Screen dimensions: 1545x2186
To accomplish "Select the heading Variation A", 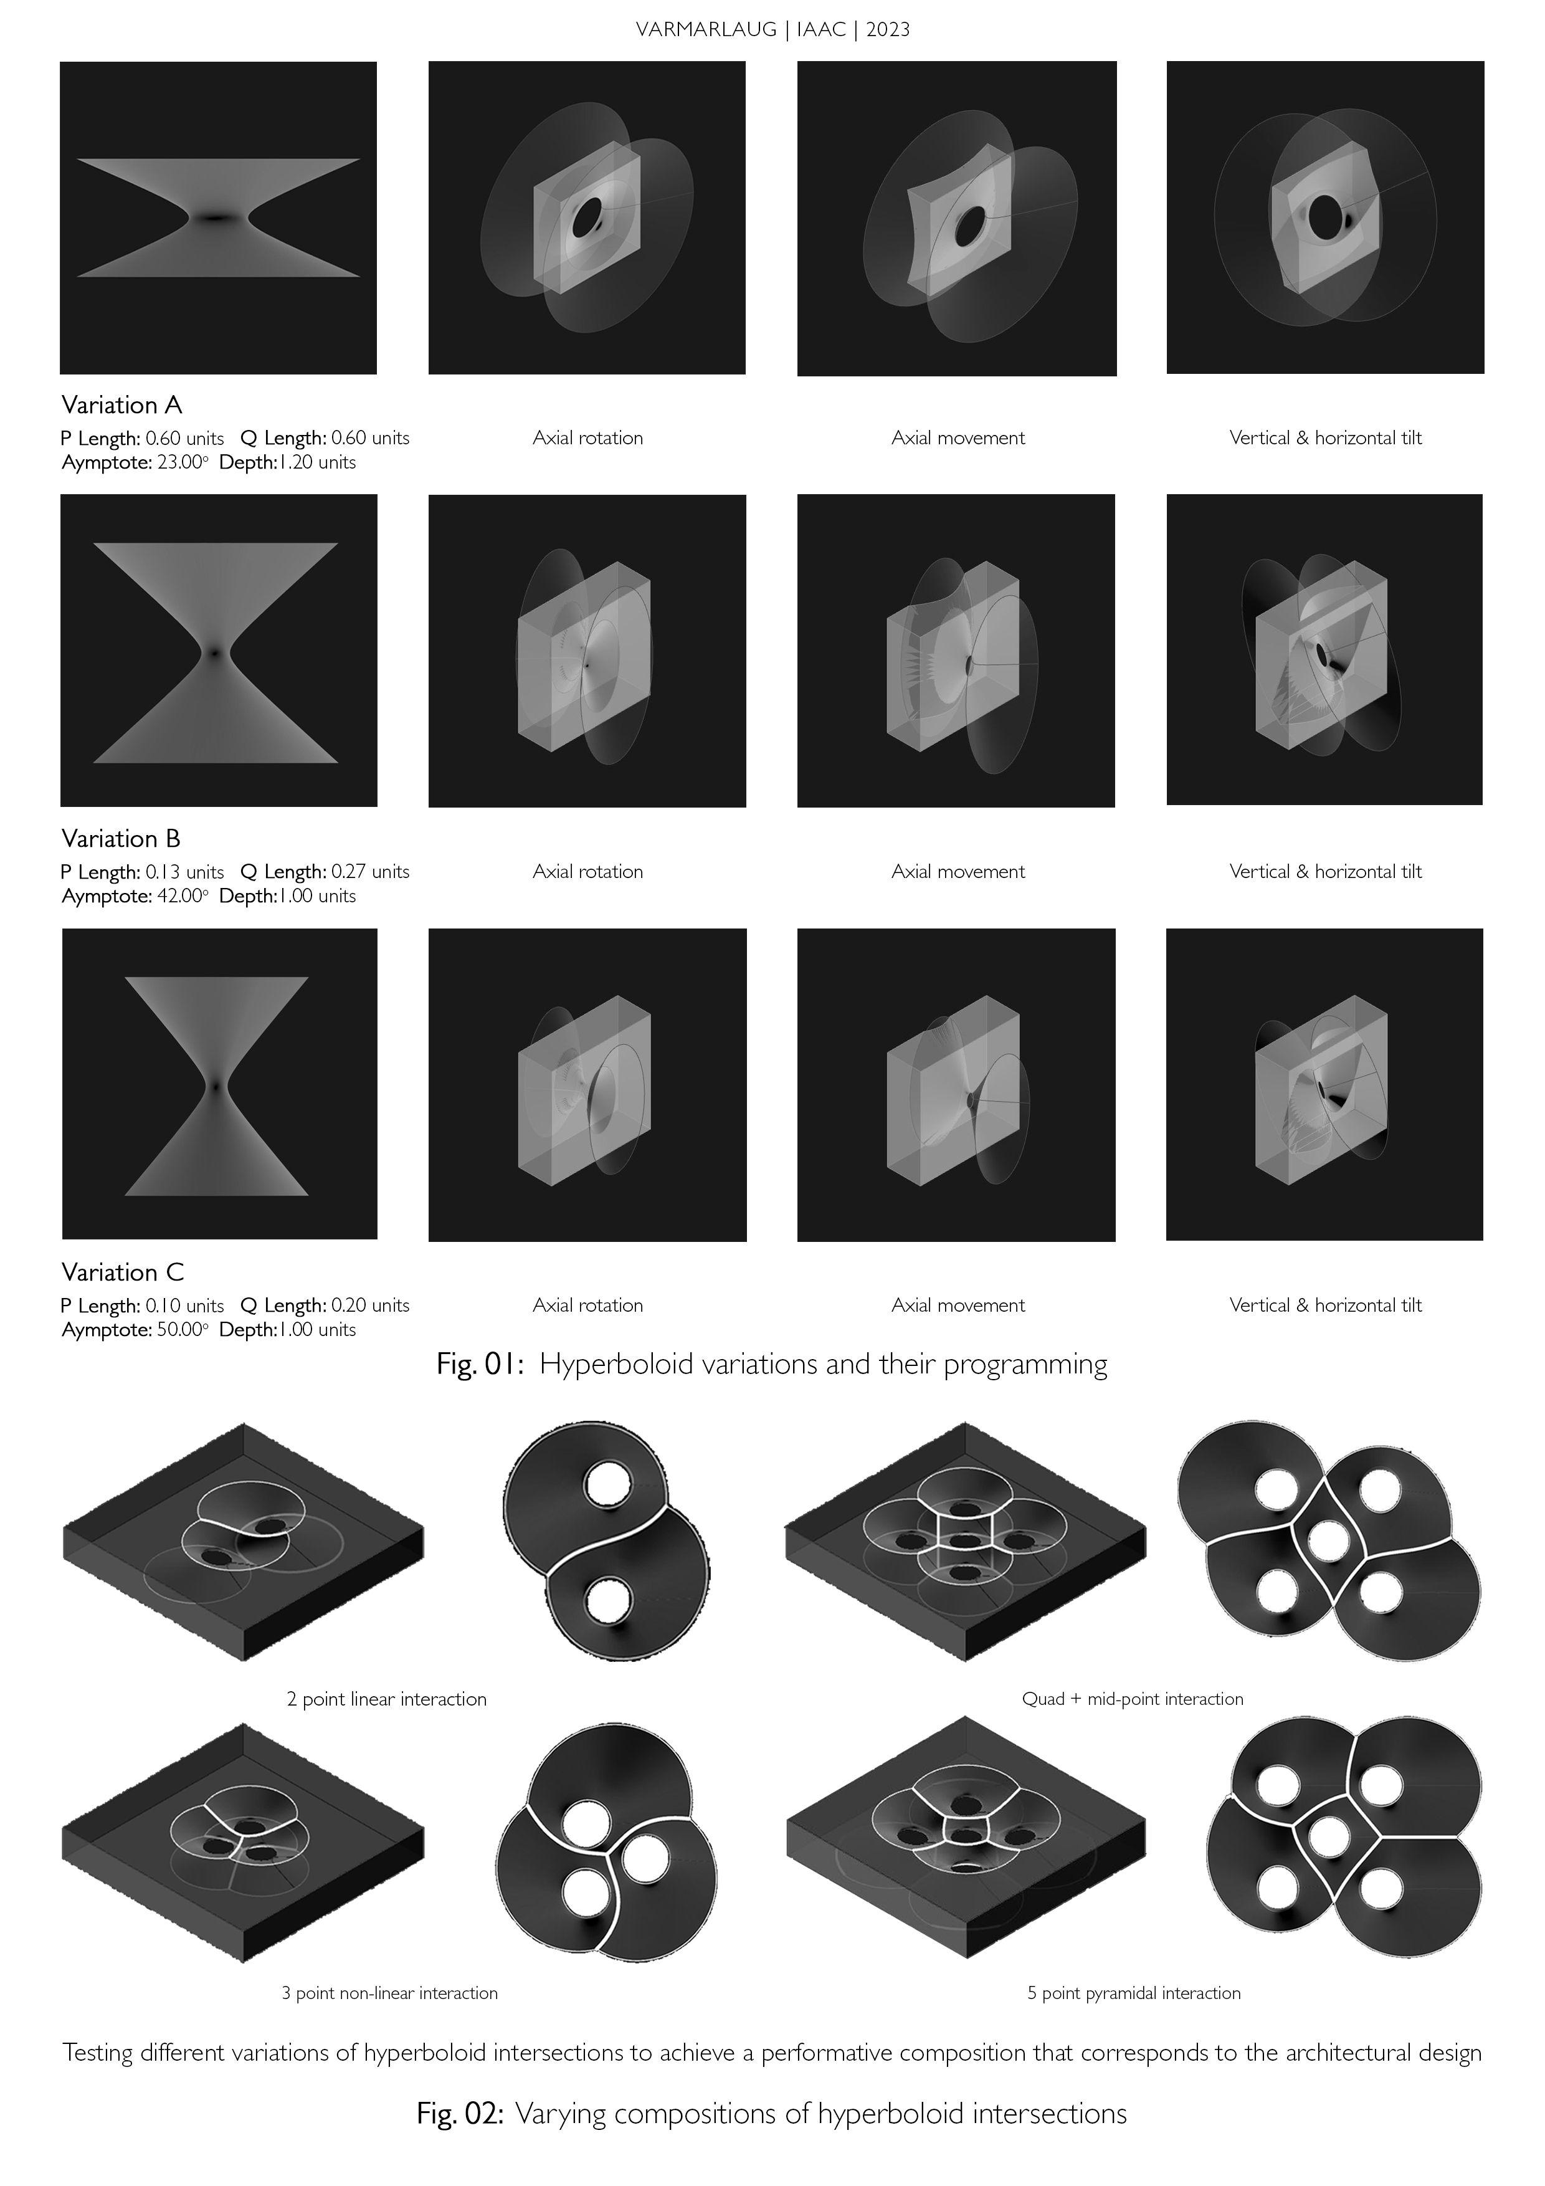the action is (122, 406).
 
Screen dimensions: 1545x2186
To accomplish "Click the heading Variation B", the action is (121, 839).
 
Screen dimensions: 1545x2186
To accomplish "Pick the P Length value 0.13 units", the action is (184, 872).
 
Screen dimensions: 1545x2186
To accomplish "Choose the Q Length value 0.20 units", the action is (370, 1305).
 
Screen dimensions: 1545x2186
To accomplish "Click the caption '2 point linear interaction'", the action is (386, 1699).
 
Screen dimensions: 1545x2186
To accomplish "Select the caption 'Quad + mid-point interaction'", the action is (1133, 1699).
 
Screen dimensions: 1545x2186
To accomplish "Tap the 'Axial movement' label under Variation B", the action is (958, 872).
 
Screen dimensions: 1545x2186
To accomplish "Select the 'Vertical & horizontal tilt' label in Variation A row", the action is (1325, 438).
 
